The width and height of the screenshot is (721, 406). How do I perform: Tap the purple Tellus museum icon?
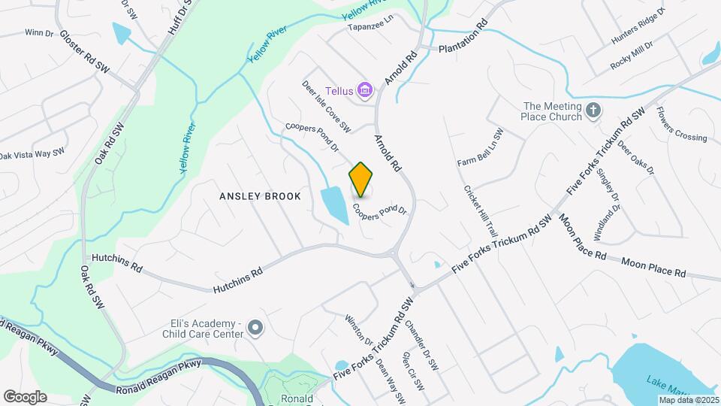(366, 91)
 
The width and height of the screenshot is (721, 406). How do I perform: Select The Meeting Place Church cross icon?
(593, 111)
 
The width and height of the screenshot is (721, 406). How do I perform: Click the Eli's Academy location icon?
(255, 329)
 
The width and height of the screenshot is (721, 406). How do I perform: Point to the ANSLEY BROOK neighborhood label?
(260, 196)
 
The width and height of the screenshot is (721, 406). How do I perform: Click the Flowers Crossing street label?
(681, 125)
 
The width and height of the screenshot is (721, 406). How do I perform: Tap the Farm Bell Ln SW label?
(480, 147)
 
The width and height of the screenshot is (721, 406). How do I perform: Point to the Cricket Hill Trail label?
(481, 211)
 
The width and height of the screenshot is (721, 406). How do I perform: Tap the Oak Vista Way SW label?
(32, 154)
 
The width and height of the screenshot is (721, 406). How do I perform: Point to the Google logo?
(25, 396)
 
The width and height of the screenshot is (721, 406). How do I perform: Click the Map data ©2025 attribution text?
(689, 400)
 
